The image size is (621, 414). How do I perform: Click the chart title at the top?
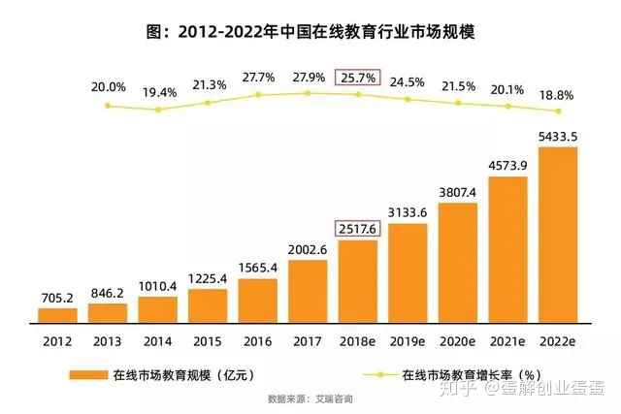pyautogui.click(x=310, y=31)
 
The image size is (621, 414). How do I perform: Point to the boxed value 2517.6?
pyautogui.click(x=356, y=227)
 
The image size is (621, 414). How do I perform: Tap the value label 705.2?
pyautogui.click(x=57, y=296)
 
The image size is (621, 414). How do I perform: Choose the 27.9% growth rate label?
pyautogui.click(x=309, y=76)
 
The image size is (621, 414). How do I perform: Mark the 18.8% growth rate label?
pyautogui.click(x=558, y=95)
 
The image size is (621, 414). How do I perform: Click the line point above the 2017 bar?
pyautogui.click(x=308, y=92)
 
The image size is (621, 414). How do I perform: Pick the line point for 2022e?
pyautogui.click(x=558, y=111)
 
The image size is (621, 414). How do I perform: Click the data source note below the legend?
pyautogui.click(x=310, y=398)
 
